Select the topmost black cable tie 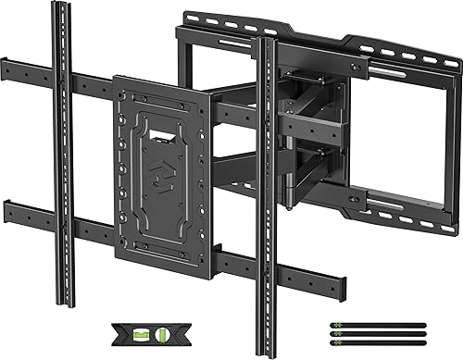coord(376,323)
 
